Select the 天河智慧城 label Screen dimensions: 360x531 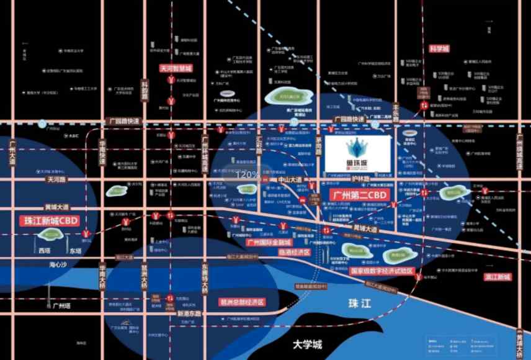[x=176, y=68]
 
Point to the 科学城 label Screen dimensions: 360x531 [x=439, y=48]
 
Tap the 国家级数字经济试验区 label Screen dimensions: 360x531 [x=382, y=271]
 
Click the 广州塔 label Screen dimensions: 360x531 [x=60, y=306]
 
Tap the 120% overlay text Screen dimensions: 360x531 [x=248, y=174]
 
